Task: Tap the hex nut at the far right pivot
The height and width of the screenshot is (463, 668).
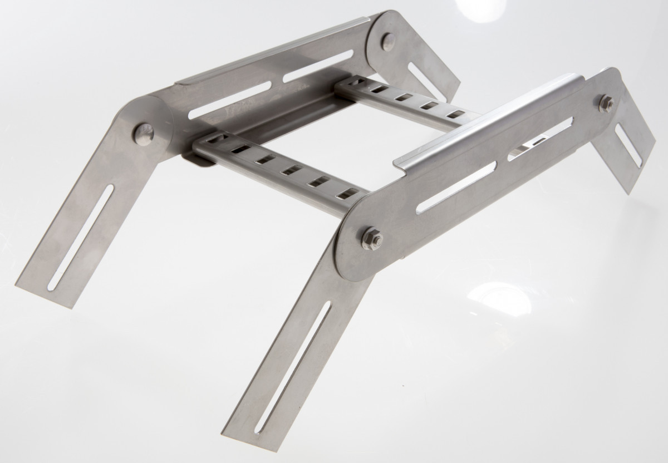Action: pos(607,102)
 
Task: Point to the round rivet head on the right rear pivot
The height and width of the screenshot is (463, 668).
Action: pos(388,40)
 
